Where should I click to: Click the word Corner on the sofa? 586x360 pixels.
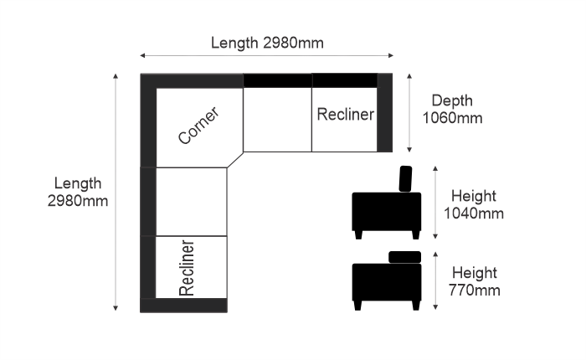[198, 126]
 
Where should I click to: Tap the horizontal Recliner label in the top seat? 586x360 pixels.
[345, 115]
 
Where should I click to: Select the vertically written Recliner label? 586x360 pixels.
[187, 268]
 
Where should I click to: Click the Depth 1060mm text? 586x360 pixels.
[452, 109]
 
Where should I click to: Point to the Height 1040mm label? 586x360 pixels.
[474, 204]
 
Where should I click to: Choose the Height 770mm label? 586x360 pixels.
[475, 281]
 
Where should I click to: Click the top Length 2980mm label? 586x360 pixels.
[267, 43]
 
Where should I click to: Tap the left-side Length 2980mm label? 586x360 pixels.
[78, 193]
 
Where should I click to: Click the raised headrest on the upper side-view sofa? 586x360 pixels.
[405, 178]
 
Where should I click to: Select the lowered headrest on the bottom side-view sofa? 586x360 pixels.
[404, 257]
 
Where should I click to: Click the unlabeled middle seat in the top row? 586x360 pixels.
[277, 120]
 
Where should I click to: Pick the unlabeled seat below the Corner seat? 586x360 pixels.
[192, 202]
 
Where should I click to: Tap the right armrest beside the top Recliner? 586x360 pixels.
[384, 112]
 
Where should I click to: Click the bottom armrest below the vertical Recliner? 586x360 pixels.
[183, 306]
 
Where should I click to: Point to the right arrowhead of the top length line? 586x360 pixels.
[391, 56]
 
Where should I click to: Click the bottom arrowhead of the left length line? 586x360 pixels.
[116, 308]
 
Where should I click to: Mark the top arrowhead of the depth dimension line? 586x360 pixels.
[409, 76]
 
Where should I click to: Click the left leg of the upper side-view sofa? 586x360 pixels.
[358, 234]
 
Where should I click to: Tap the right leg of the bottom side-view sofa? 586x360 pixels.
[416, 306]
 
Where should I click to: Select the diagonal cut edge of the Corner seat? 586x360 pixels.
[235, 160]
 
